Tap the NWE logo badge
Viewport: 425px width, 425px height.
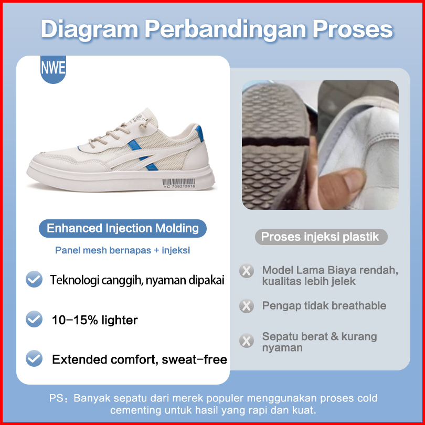[53, 69]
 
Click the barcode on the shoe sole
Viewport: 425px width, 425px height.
[178, 183]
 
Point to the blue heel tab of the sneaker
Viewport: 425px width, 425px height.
[199, 133]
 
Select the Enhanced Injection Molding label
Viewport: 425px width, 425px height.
[122, 228]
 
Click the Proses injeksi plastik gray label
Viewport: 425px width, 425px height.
[321, 237]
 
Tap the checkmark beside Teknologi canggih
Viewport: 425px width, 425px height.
[34, 279]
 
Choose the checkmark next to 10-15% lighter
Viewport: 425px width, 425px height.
[34, 319]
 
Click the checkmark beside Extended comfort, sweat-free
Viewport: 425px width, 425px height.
[34, 358]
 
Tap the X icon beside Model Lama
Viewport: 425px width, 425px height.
[247, 271]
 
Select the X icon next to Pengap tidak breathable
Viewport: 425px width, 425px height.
[247, 306]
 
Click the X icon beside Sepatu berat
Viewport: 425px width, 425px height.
[247, 341]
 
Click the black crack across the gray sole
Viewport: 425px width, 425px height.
[276, 142]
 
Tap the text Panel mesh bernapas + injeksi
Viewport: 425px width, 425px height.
[122, 250]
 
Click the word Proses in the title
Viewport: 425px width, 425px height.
[353, 29]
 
